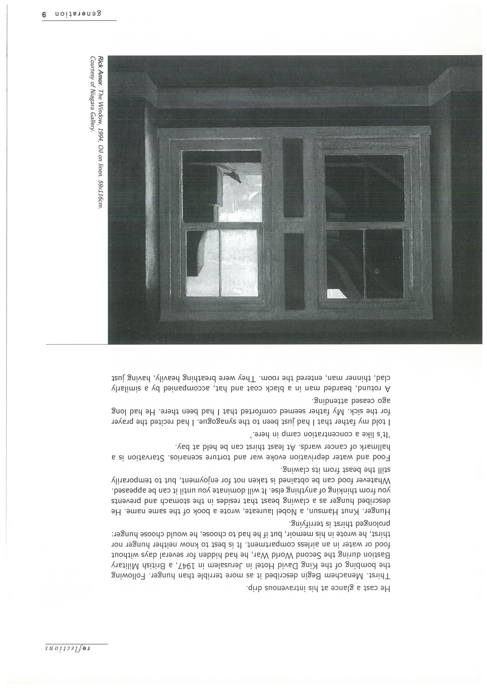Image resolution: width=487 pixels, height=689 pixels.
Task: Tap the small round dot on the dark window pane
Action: pos(376,272)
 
